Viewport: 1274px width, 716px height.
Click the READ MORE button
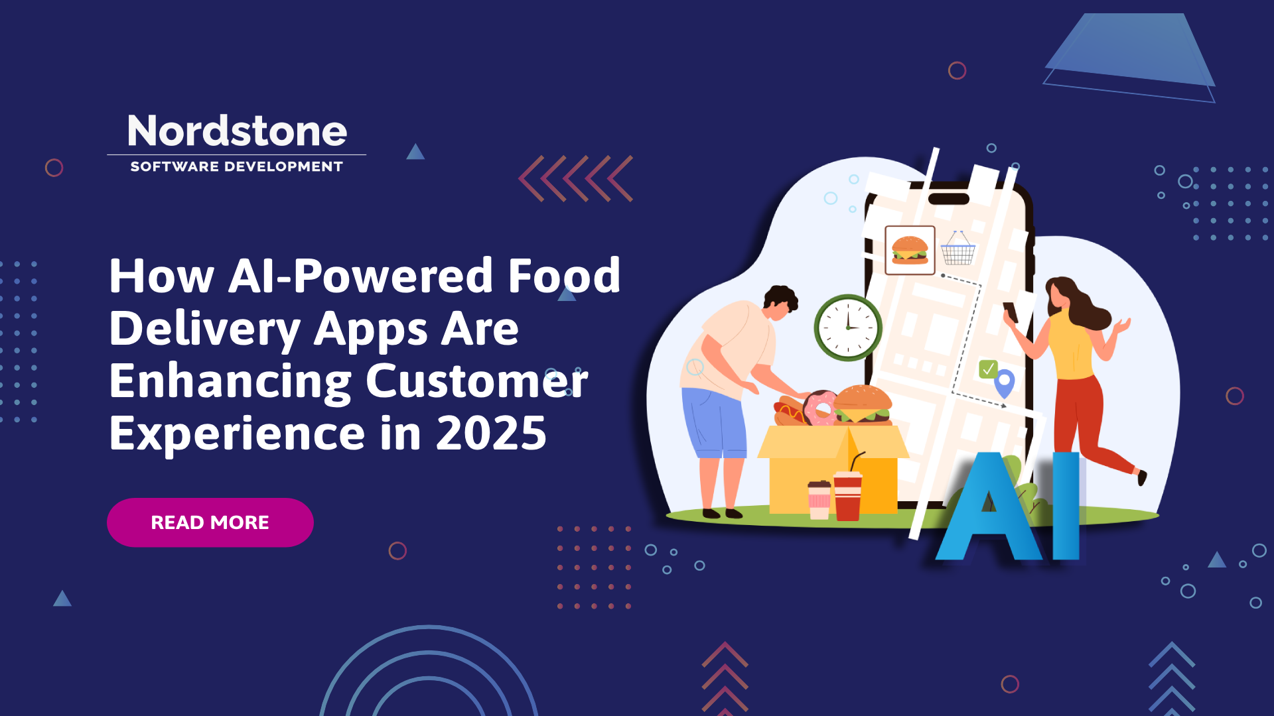click(x=210, y=522)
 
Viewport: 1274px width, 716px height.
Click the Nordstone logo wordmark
click(x=237, y=131)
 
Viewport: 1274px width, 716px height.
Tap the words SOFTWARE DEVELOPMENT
click(x=237, y=166)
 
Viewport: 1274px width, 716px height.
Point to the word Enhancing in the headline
click(x=230, y=383)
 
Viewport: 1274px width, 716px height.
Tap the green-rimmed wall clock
click(x=848, y=328)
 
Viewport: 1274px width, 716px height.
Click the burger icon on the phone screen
click(x=910, y=250)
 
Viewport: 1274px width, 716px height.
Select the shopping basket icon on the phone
click(x=958, y=248)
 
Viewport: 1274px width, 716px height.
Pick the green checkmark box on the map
click(x=988, y=369)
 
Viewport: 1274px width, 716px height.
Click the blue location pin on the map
click(x=1005, y=383)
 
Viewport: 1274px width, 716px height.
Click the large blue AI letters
click(x=1009, y=507)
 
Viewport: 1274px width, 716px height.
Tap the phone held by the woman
click(x=1010, y=312)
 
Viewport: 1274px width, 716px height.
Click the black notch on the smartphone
click(x=948, y=198)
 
